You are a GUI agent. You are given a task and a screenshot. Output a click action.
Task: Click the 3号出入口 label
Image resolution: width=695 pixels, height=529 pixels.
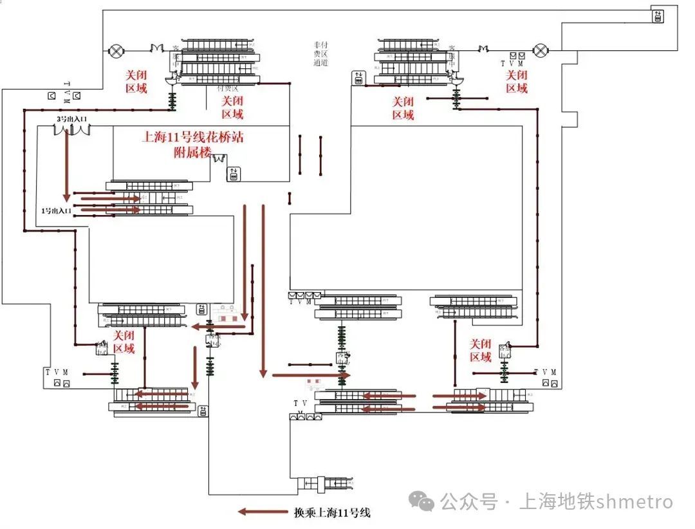pyautogui.click(x=71, y=119)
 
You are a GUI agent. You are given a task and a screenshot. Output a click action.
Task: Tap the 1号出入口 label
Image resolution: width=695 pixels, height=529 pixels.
pyautogui.click(x=55, y=210)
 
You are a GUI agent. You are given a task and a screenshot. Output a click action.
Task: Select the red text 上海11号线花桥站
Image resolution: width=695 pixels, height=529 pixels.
pyautogui.click(x=192, y=137)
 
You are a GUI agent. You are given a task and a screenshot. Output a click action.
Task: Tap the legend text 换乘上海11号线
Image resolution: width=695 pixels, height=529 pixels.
pyautogui.click(x=331, y=513)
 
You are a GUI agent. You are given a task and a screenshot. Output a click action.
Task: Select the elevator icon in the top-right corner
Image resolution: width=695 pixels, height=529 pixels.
pyautogui.click(x=658, y=16)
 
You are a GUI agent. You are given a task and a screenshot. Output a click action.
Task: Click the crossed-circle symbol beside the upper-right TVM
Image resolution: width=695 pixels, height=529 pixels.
pyautogui.click(x=542, y=49)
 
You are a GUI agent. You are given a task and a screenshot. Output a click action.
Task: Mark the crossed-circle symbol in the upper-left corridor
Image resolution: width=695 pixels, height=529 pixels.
pyautogui.click(x=116, y=50)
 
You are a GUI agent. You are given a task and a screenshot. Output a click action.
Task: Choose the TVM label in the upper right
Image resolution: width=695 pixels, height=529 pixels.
pyautogui.click(x=512, y=64)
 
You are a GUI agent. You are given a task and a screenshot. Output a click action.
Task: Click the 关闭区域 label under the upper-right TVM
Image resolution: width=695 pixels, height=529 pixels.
pyautogui.click(x=516, y=82)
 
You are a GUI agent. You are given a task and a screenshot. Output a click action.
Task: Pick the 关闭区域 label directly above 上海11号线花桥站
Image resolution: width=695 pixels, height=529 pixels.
pyautogui.click(x=232, y=107)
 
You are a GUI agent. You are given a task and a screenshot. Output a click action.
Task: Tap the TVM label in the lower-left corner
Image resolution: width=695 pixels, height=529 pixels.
pyautogui.click(x=56, y=372)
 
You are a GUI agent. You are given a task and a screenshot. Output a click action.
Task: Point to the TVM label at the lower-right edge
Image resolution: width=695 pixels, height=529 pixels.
pyautogui.click(x=545, y=372)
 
